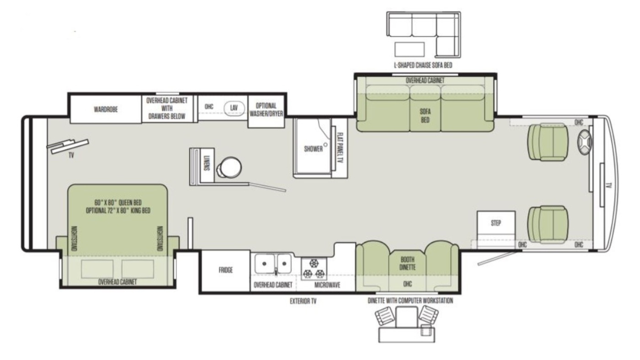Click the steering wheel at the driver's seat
tap(585, 142)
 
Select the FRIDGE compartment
tap(225, 270)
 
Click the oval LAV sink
tap(234, 108)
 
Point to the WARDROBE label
tap(106, 109)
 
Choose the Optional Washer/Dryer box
tap(266, 111)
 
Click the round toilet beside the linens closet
tap(229, 168)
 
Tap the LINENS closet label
tap(207, 163)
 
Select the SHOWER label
tap(313, 149)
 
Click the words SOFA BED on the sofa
tap(425, 116)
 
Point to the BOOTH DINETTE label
tap(407, 263)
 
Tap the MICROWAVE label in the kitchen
tap(327, 285)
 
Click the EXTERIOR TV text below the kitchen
tap(303, 301)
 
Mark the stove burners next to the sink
tap(314, 269)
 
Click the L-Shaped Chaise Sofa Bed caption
tap(423, 65)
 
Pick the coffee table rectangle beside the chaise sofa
tap(410, 49)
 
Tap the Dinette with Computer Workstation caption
tap(411, 301)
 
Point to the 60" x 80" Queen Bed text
tap(118, 203)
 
